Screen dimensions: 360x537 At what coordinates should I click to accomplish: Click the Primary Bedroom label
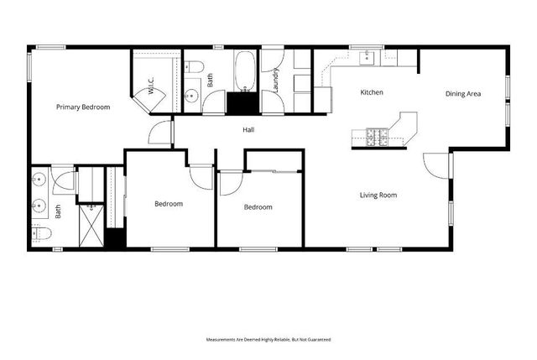(x=83, y=107)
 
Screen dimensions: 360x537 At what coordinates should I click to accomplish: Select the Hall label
(x=248, y=130)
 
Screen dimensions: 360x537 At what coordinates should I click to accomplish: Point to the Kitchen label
(x=372, y=92)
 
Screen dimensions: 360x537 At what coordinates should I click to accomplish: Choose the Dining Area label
(x=462, y=94)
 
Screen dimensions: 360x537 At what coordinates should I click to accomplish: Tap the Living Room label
(x=378, y=196)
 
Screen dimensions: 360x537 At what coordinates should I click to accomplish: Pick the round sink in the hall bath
(x=190, y=96)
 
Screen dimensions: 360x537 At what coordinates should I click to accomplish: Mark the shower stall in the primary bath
(x=90, y=225)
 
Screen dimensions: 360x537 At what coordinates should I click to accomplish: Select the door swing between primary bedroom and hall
(x=159, y=134)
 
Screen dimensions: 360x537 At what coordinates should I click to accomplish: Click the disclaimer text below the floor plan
(x=268, y=339)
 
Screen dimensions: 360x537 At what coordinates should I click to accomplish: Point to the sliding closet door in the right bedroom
(x=275, y=172)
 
